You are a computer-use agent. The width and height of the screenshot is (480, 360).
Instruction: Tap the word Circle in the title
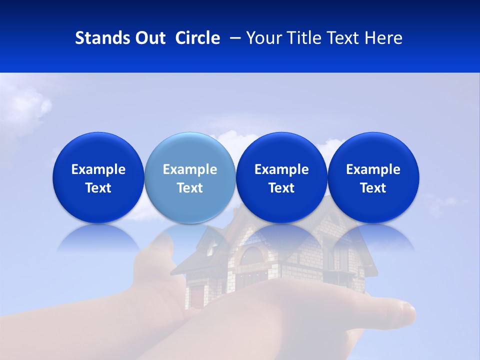(197, 38)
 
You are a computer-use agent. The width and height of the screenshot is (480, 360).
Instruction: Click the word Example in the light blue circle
(189, 169)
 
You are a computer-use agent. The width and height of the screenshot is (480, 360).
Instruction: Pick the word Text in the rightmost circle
(373, 188)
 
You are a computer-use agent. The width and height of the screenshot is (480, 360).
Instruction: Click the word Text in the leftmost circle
(98, 188)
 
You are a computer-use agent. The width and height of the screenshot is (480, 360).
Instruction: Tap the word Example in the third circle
(281, 169)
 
